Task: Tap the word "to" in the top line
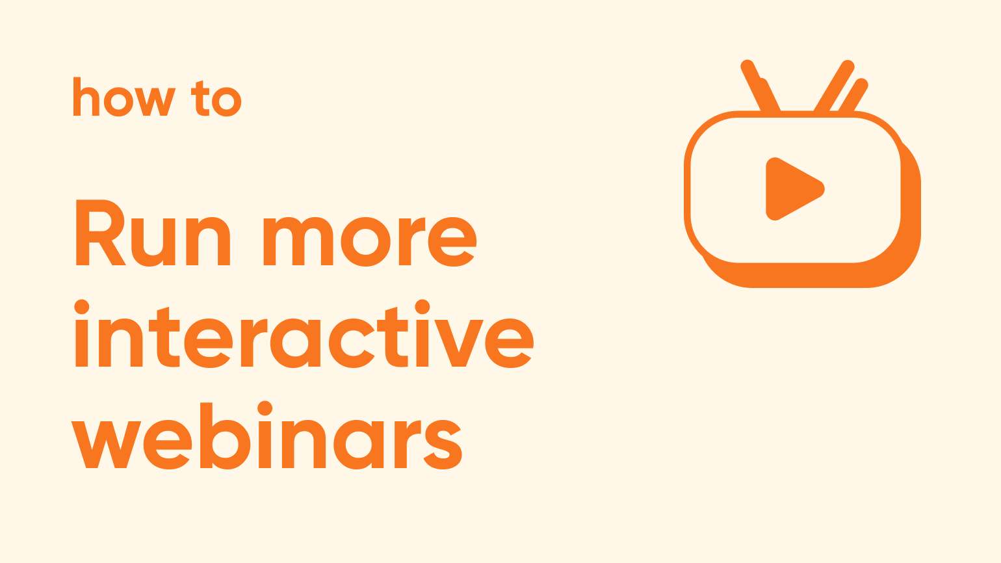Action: pyautogui.click(x=216, y=99)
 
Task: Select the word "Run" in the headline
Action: pyautogui.click(x=153, y=233)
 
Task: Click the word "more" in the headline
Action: pyautogui.click(x=370, y=241)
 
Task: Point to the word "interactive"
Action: pyautogui.click(x=304, y=334)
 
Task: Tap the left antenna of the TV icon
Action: pyautogui.click(x=760, y=86)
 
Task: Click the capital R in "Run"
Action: pyautogui.click(x=101, y=232)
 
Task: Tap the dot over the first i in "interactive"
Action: pyautogui.click(x=82, y=308)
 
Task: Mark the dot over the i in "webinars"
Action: pyautogui.click(x=265, y=408)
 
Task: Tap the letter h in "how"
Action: pyautogui.click(x=86, y=96)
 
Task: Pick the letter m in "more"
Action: pyautogui.click(x=298, y=241)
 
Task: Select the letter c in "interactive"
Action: pyautogui.click(x=351, y=343)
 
